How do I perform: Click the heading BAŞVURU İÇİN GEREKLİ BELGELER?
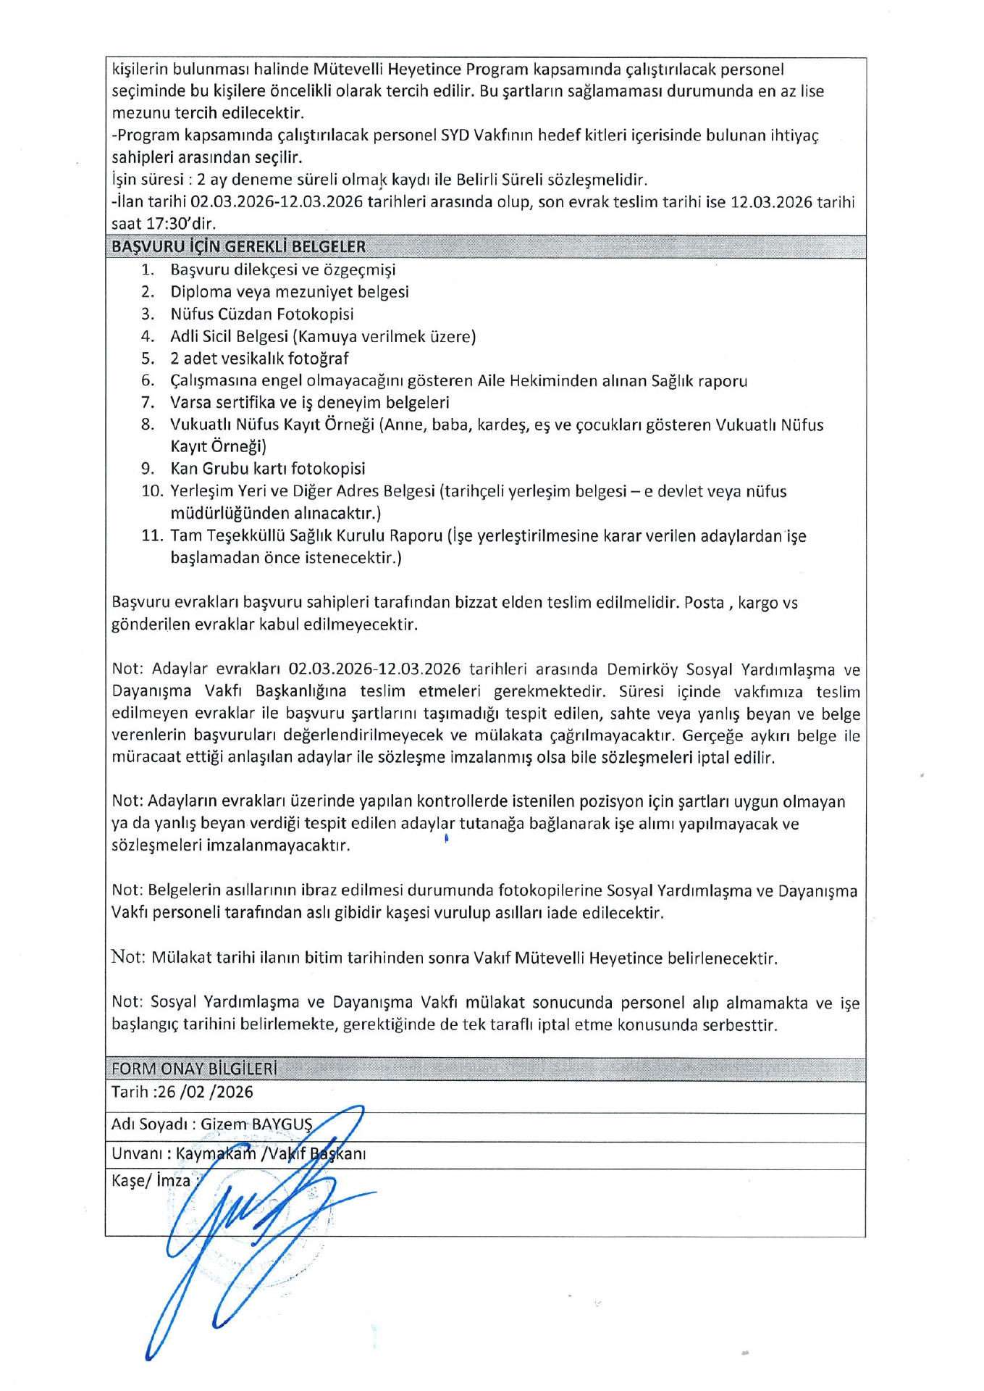coord(238,247)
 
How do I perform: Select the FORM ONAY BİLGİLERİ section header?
coord(194,1069)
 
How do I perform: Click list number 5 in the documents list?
coord(148,359)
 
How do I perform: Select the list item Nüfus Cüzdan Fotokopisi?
coord(261,314)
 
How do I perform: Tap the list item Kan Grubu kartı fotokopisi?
coord(267,469)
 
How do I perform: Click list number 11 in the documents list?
coord(151,536)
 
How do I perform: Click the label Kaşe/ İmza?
coord(151,1181)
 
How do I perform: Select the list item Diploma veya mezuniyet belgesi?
coord(289,292)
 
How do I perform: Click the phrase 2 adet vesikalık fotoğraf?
coord(259,359)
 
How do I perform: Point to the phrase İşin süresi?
coord(147,180)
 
